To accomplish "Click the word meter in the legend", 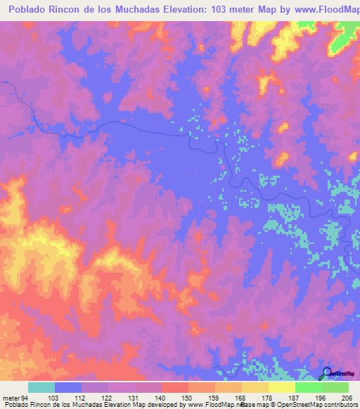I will pyautogui.click(x=12, y=398).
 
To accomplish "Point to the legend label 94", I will pyautogui.click(x=25, y=398).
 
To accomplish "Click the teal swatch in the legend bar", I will pyautogui.click(x=41, y=387).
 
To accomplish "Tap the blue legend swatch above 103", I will pyautogui.click(x=68, y=387).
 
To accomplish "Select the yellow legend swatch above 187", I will pyautogui.click(x=282, y=387).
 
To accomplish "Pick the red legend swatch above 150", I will pyautogui.click(x=175, y=387).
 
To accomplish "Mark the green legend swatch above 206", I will pyautogui.click(x=335, y=387).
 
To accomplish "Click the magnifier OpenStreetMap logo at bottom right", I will pyautogui.click(x=326, y=373).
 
